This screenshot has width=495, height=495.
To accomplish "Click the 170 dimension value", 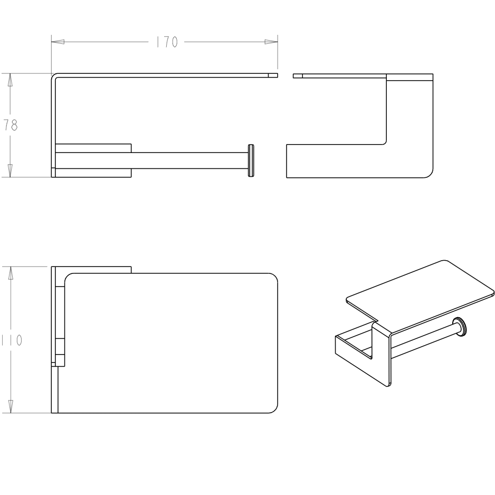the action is pyautogui.click(x=167, y=42).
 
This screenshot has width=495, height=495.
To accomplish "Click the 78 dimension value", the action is pyautogui.click(x=11, y=125).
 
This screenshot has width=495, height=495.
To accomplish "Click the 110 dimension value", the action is pyautogui.click(x=12, y=340).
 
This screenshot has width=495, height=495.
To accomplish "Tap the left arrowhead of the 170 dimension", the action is pyautogui.click(x=58, y=42).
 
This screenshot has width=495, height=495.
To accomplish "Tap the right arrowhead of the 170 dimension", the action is pyautogui.click(x=271, y=42).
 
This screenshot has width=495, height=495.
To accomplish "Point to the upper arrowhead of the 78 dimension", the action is pyautogui.click(x=10, y=80).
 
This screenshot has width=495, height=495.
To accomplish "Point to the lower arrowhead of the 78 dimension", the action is pyautogui.click(x=10, y=170).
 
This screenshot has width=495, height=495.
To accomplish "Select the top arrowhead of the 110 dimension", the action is pyautogui.click(x=11, y=273).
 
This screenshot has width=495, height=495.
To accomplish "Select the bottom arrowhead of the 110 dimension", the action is pyautogui.click(x=11, y=406).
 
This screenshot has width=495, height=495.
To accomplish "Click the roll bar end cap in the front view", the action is pyautogui.click(x=251, y=160).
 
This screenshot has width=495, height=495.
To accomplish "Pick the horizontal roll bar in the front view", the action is pyautogui.click(x=189, y=160).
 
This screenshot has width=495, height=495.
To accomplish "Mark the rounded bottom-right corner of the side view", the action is pyautogui.click(x=429, y=173).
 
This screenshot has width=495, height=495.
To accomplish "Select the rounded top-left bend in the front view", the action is pyautogui.click(x=53, y=76).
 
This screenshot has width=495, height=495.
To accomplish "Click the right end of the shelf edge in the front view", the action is pyautogui.click(x=278, y=75).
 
